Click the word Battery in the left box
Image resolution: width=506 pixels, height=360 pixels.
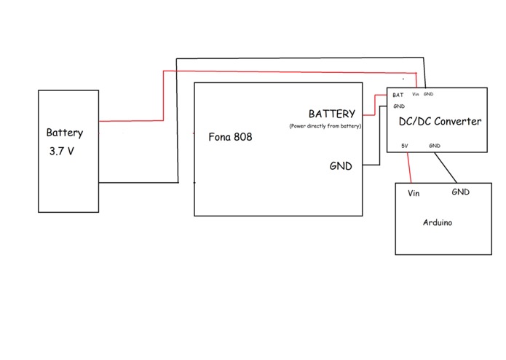[65, 133]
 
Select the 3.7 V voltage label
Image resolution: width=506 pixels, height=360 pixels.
[62, 151]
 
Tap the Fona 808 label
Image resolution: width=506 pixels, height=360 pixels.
[230, 137]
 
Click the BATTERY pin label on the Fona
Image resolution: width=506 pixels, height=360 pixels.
[332, 114]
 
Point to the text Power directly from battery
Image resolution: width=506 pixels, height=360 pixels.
[325, 126]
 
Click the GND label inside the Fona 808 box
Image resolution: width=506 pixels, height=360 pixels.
[341, 166]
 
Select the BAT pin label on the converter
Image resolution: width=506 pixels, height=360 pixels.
[398, 95]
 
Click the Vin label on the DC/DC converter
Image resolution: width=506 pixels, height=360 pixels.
[415, 94]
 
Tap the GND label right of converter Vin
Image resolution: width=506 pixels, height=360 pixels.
[428, 94]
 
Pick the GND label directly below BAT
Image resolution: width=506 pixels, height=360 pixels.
[399, 106]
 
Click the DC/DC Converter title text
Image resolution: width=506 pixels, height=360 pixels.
[440, 122]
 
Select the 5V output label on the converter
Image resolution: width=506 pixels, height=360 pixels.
[405, 146]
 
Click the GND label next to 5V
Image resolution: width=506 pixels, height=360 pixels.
[435, 146]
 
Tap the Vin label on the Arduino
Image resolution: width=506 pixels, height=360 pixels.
[414, 193]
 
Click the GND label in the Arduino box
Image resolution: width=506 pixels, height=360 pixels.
[461, 192]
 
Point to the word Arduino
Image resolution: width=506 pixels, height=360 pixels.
[438, 222]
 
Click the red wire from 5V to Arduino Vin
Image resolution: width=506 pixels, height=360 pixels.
[409, 168]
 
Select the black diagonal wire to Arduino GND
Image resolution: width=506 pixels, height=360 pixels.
[446, 168]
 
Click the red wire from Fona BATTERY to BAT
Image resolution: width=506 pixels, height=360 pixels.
[375, 105]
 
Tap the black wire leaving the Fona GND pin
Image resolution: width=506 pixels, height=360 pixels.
[380, 135]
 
